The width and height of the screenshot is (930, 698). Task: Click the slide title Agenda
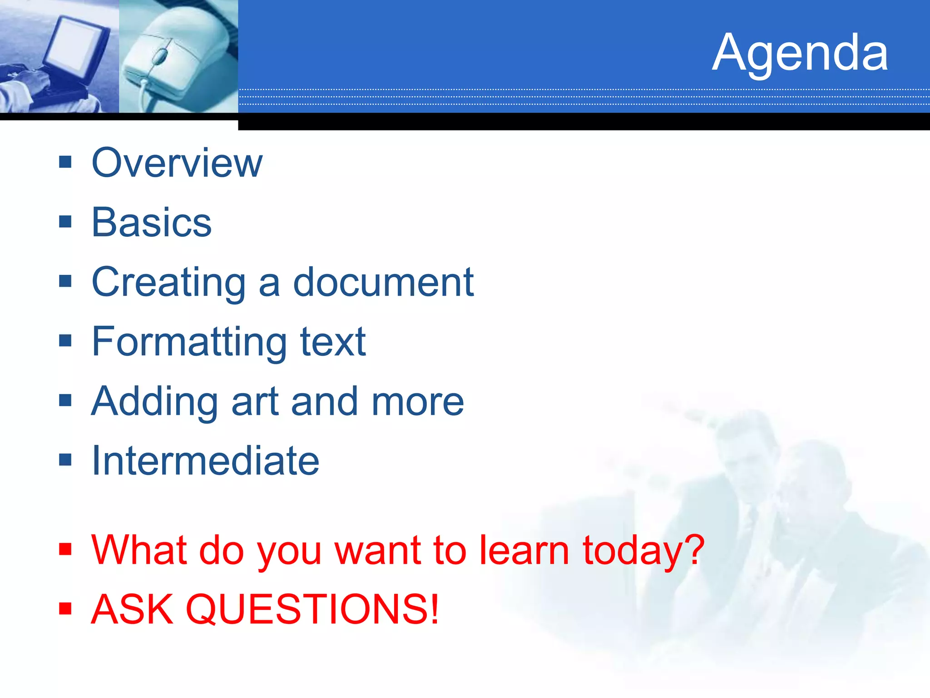pos(799,54)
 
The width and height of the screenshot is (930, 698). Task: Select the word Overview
pos(177,163)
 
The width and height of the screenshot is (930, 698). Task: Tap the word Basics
pos(152,223)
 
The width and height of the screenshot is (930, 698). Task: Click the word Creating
pos(168,283)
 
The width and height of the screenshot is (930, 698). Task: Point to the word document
pos(383,283)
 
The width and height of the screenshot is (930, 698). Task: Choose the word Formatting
pos(189,343)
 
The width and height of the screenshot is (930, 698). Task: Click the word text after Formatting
pos(333,343)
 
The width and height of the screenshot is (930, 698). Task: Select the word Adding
pos(154,402)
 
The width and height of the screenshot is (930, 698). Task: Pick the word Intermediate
pos(205,461)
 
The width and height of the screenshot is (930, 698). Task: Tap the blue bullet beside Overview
pos(65,162)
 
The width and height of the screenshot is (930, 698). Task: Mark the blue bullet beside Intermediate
pos(65,460)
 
